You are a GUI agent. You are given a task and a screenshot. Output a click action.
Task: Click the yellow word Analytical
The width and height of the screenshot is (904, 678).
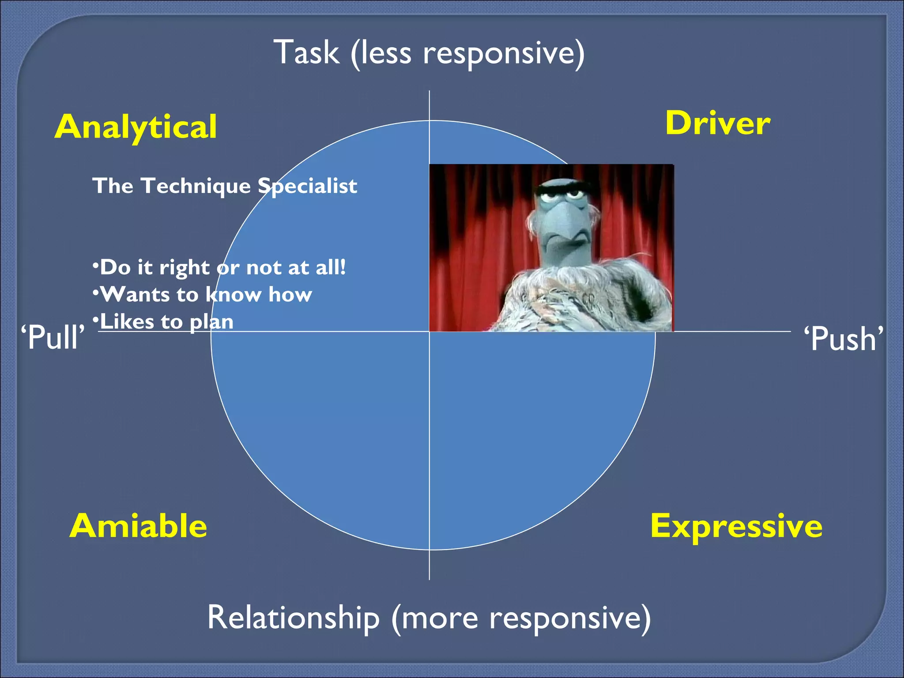coord(136,127)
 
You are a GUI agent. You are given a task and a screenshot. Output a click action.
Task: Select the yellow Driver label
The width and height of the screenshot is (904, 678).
coord(717,123)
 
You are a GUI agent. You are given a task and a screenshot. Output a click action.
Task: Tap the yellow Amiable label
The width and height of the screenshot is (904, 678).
coord(138,526)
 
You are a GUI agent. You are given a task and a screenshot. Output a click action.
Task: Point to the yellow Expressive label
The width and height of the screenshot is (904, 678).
coord(736,526)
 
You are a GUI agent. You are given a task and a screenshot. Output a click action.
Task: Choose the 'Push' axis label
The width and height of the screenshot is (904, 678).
coord(843,339)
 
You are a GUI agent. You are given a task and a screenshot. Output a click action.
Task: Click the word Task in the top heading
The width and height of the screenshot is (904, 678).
coord(306,53)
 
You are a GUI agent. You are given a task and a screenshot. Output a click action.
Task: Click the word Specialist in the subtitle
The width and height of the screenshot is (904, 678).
coord(307,186)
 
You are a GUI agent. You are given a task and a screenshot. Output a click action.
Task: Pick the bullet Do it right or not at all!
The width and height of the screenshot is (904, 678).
coord(219,267)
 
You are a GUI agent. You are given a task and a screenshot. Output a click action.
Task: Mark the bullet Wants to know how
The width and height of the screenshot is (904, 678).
coord(203,294)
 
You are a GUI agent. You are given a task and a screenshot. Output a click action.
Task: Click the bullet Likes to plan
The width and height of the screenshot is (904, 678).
coord(163,321)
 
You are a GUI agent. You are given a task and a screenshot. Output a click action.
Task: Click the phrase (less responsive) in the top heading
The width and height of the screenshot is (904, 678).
coord(468,53)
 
